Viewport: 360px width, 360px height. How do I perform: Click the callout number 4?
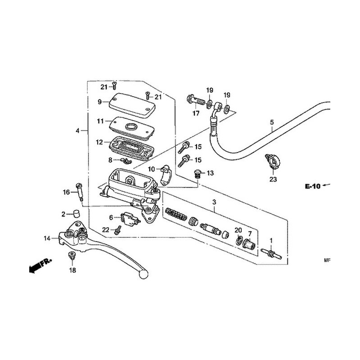78,130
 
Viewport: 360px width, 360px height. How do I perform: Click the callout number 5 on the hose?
272,122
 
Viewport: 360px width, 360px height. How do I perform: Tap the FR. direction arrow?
38,266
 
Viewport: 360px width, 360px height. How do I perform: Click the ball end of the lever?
144,272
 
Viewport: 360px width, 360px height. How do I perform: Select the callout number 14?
47,238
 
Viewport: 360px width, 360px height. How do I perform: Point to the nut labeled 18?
72,256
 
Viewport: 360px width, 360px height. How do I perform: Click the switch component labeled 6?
128,219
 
